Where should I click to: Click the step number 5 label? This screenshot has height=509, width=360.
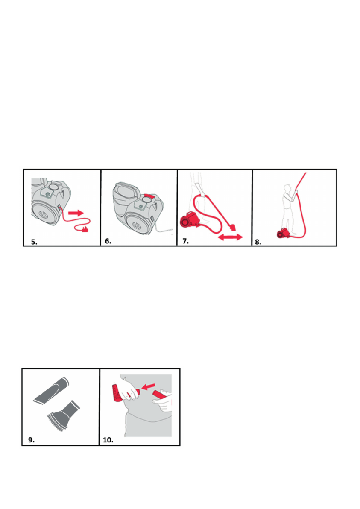[34, 242]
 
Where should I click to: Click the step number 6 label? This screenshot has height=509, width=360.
[108, 241]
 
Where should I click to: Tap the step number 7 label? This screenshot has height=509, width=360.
[185, 241]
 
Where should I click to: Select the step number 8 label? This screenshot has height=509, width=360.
[258, 242]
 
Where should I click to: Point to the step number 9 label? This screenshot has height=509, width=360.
[31, 440]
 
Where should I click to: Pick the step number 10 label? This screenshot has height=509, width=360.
[108, 440]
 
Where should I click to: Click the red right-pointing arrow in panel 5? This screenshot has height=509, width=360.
[76, 213]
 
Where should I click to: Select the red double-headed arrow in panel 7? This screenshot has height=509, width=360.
[230, 237]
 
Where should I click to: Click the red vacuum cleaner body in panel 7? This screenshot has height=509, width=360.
[189, 219]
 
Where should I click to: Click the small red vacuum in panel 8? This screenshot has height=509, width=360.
[283, 234]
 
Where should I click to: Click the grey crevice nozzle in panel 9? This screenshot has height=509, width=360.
[51, 391]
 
